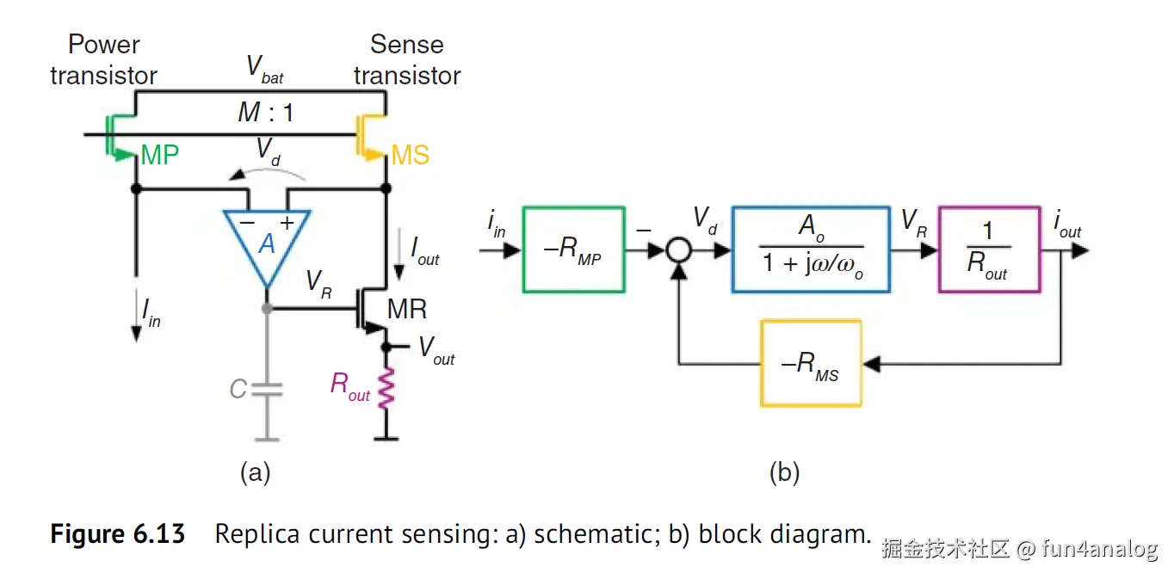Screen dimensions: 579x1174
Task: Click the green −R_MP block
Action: [x=573, y=249]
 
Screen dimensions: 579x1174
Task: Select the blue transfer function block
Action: [x=810, y=249]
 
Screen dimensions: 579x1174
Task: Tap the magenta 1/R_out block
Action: [x=989, y=249]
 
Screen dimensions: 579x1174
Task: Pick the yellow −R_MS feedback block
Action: [x=810, y=362]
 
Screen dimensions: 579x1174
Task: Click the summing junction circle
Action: [x=680, y=250]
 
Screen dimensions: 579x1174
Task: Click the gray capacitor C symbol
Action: [x=268, y=389]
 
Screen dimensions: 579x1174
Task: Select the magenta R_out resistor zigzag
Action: [x=386, y=389]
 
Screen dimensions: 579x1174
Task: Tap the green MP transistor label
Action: [x=160, y=156]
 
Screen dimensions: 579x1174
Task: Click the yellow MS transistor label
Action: [x=410, y=156]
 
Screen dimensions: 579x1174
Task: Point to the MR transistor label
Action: [x=407, y=309]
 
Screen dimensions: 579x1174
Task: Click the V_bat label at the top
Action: [x=264, y=68]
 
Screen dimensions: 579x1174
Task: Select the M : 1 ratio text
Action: [x=265, y=112]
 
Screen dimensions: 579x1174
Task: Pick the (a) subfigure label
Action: [x=255, y=471]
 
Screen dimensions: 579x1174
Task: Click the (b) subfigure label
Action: [x=783, y=471]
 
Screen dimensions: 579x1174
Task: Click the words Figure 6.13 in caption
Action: [x=118, y=534]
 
